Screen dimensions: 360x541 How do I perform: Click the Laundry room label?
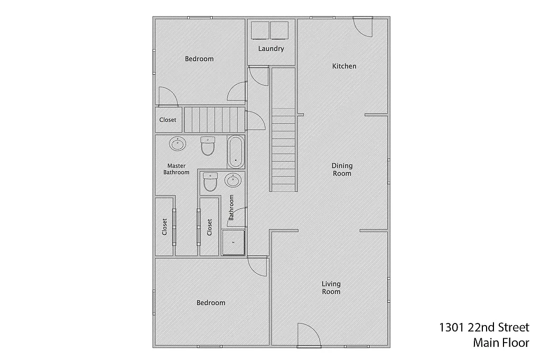point(271,49)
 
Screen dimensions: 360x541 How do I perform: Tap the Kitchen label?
point(344,66)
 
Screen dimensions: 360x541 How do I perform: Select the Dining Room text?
point(342,169)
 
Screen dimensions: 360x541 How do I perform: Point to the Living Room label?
point(331,288)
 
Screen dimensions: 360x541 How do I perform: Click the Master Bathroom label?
point(176,169)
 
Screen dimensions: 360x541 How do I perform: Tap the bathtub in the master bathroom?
point(236,151)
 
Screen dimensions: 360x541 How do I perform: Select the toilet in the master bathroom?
point(208,146)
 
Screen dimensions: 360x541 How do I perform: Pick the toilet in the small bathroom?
point(210,182)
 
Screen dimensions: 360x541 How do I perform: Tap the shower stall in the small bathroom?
point(234,242)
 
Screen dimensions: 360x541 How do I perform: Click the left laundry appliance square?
point(260,30)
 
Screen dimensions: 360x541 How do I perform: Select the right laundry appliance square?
point(279,30)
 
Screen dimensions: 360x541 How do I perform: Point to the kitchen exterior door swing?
point(363,26)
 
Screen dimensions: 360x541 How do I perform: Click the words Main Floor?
point(501,343)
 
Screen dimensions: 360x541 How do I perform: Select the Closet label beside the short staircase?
point(168,120)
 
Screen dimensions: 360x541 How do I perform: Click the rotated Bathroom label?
point(231,208)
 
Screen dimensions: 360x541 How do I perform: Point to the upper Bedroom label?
point(199,59)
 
